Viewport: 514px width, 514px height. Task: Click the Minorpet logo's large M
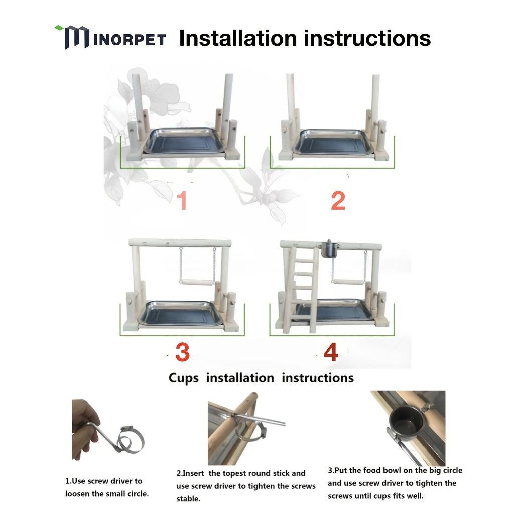(77, 37)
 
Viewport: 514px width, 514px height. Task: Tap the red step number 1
(182, 200)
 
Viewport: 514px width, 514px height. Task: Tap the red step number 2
(338, 200)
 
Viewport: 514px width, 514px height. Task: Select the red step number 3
(182, 352)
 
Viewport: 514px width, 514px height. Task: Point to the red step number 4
(331, 352)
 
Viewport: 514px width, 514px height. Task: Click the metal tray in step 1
(185, 141)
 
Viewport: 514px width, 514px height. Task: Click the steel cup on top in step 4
(329, 249)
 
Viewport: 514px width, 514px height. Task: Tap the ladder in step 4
(301, 289)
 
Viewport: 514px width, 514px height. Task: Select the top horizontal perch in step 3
(180, 243)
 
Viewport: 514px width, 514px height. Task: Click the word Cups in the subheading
(184, 378)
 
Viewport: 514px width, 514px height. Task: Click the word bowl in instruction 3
(392, 470)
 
